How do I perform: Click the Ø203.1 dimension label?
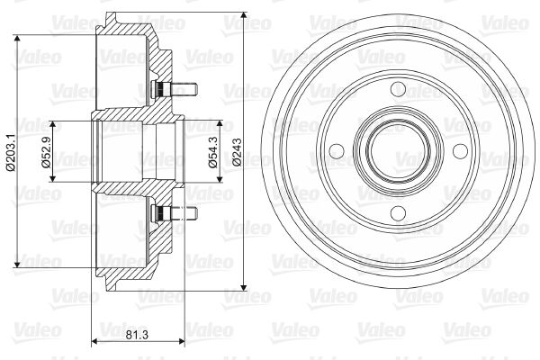tap(11, 152)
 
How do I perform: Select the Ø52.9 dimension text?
tap(46, 152)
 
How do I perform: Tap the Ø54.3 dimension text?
tap(212, 152)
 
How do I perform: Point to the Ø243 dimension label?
tap(237, 152)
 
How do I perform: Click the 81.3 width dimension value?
tap(137, 334)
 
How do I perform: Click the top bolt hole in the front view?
tap(399, 89)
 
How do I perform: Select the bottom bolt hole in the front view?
tap(399, 213)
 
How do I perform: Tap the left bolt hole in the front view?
tap(337, 151)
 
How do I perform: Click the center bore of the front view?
tap(399, 151)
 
